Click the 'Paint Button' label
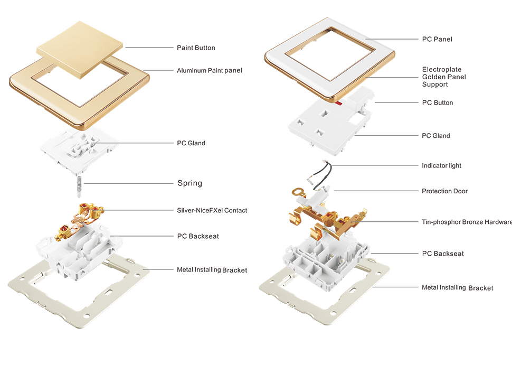point(196,48)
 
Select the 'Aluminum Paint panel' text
point(210,70)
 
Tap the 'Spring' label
point(189,183)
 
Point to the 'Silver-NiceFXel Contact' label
point(212,210)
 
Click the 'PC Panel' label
point(437,39)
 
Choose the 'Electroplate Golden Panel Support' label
point(444,77)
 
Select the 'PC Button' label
point(438,102)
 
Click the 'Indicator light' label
point(441,165)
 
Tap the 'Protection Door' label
point(444,191)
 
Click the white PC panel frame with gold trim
point(280,58)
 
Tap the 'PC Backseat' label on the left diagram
point(198,236)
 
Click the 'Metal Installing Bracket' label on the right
point(457,288)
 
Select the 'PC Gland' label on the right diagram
point(436,136)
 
